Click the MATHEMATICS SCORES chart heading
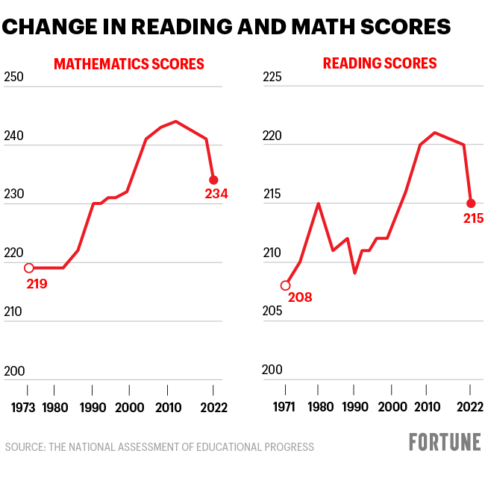(x=128, y=64)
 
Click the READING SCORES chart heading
(x=380, y=63)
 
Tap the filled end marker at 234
(x=213, y=180)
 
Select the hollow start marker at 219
(x=29, y=268)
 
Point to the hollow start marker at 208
(x=285, y=285)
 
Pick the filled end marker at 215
(x=471, y=203)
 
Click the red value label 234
(x=216, y=195)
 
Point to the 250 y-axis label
(x=14, y=78)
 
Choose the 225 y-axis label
(x=274, y=78)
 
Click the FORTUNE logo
(x=445, y=442)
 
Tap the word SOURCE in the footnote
(x=24, y=447)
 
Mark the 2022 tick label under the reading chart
(x=469, y=408)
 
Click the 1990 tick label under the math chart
(x=93, y=408)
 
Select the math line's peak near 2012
(x=175, y=121)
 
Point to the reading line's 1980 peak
(x=319, y=203)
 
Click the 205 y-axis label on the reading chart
(x=274, y=312)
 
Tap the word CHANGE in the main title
(x=46, y=28)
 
